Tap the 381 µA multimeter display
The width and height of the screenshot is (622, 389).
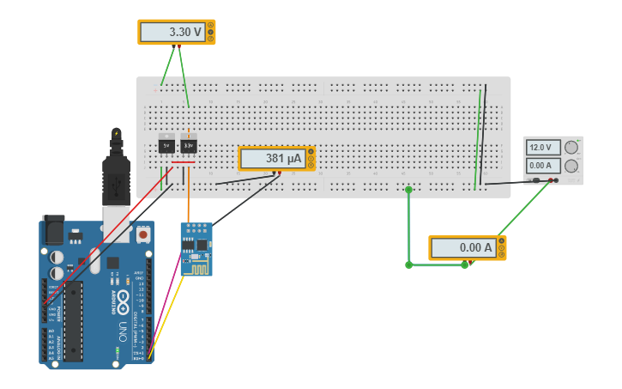pos(272,158)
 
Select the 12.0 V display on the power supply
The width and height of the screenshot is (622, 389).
pos(542,147)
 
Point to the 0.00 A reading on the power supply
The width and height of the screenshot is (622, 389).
pos(542,165)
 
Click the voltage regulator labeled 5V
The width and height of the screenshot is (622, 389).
pos(167,145)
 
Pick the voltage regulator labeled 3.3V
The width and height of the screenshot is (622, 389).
pos(189,145)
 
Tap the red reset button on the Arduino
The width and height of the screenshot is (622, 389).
pos(143,234)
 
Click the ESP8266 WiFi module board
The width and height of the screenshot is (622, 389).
pos(196,249)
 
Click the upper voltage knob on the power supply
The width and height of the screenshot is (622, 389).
pos(569,147)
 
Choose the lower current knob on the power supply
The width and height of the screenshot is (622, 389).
pos(569,166)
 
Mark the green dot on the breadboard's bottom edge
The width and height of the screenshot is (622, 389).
pos(408,190)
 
